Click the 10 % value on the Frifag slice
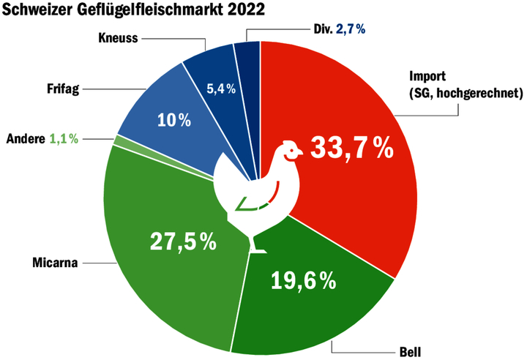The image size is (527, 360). tap(174, 120)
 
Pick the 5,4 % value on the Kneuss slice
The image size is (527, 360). tap(220, 89)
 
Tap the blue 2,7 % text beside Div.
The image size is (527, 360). tap(352, 31)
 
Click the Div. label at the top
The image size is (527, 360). tap(321, 31)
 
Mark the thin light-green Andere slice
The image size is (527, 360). tap(117, 140)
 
